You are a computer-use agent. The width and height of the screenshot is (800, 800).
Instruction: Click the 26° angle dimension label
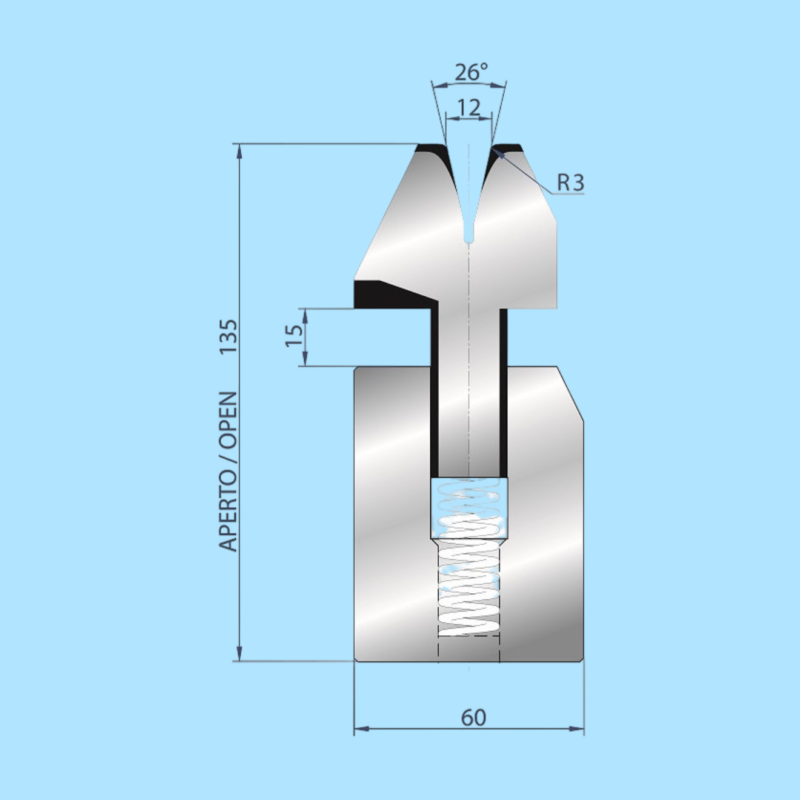pyautogui.click(x=471, y=72)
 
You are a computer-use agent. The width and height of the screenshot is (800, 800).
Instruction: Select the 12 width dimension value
pyautogui.click(x=468, y=108)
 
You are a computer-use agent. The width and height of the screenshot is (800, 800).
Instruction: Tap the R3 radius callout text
pyautogui.click(x=570, y=182)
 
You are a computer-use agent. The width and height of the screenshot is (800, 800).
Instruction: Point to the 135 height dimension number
pyautogui.click(x=228, y=337)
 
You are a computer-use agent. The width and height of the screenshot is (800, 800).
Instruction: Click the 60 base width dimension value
pyautogui.click(x=473, y=718)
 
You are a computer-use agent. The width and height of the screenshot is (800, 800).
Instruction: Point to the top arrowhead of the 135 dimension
pyautogui.click(x=240, y=150)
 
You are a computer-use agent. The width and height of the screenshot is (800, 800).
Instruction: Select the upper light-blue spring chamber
pyautogui.click(x=469, y=507)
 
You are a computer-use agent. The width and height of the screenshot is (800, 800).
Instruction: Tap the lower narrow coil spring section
pyautogui.click(x=469, y=588)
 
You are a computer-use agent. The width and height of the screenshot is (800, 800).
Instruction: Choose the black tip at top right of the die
pyautogui.click(x=508, y=148)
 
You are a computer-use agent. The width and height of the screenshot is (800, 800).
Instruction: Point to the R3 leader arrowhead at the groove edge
pyautogui.click(x=499, y=152)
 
